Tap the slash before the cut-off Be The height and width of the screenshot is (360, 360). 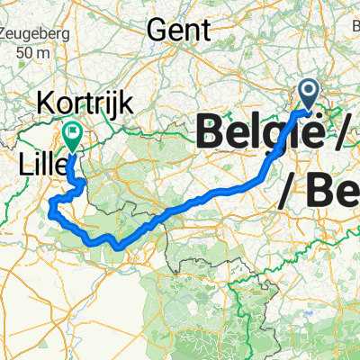point(290,189)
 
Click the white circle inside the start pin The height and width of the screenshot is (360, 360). point(308,89)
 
